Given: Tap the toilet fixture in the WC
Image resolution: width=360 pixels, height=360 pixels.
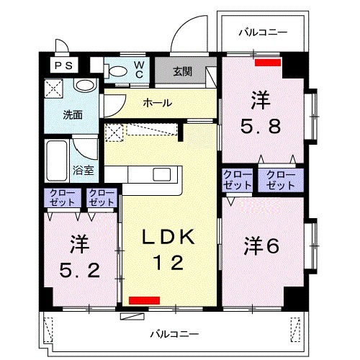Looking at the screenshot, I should coord(116,71).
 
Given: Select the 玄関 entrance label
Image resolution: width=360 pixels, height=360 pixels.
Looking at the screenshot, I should coord(182,71).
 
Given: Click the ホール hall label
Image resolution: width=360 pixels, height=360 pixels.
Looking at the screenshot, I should coord(157,103).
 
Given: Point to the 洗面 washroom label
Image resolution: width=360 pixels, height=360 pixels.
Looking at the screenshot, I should coord(71,114).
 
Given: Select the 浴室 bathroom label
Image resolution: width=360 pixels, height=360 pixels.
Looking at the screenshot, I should coord(84,171).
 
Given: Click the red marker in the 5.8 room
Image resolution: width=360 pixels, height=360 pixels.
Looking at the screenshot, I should coord(268,62).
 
